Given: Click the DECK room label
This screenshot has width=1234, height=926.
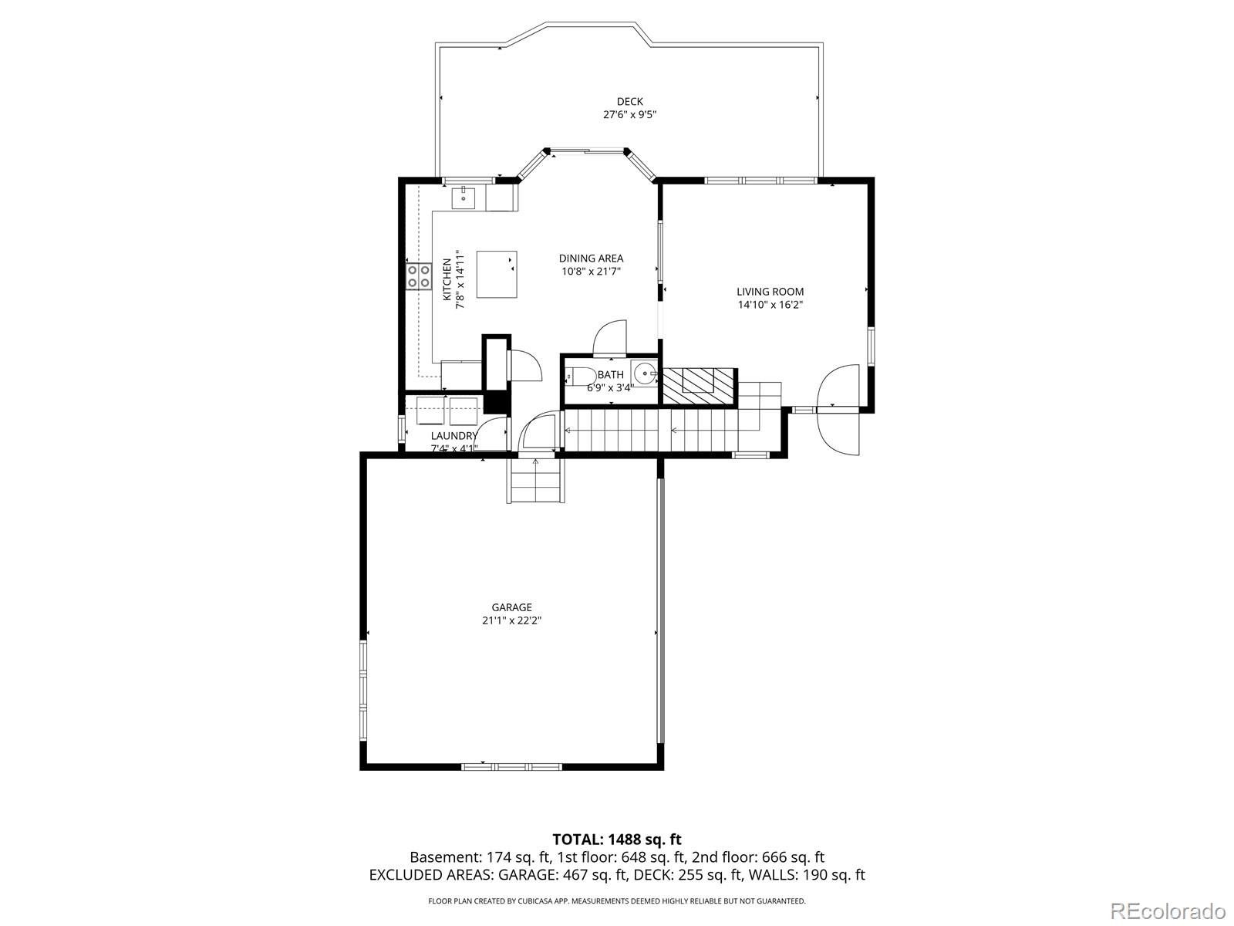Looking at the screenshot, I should tap(629, 101).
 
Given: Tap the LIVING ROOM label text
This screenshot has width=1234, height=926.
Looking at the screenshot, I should tap(770, 292).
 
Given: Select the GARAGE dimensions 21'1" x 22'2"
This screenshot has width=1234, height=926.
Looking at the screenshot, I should tap(512, 620).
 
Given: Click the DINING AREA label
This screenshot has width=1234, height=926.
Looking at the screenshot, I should tap(591, 259).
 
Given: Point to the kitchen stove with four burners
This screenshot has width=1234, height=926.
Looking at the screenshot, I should tap(419, 276).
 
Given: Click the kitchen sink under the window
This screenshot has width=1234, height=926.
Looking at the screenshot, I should tap(464, 198).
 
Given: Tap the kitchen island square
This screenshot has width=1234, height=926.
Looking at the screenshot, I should tap(496, 274).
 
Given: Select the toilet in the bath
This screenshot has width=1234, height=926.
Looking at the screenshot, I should tap(578, 377).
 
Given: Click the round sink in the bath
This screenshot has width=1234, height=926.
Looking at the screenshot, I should tap(644, 373).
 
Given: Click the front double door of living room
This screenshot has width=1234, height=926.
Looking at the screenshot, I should tap(838, 409).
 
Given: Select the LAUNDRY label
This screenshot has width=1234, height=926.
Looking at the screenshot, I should tap(454, 436).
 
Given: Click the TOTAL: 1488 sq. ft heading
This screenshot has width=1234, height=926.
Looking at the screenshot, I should tap(617, 839).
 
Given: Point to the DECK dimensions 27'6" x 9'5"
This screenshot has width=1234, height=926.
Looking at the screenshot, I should tap(629, 114).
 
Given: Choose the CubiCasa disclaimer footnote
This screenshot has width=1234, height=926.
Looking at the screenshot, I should tap(617, 901).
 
